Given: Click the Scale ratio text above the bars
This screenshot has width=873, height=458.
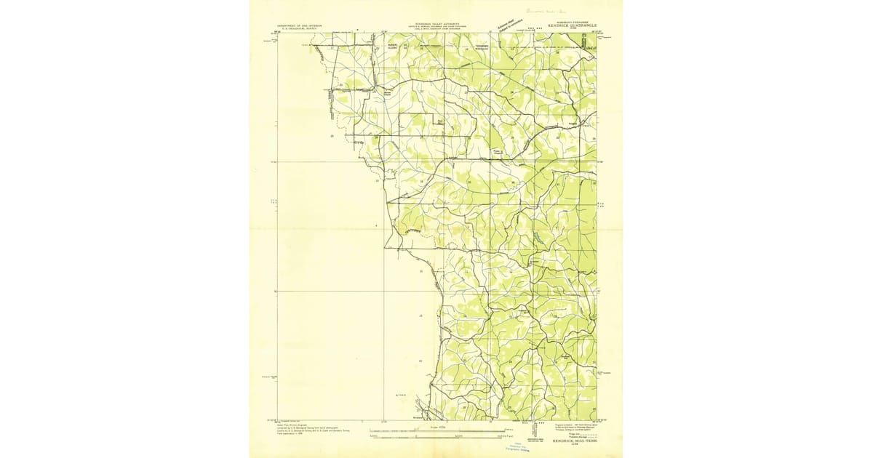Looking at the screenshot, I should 436,428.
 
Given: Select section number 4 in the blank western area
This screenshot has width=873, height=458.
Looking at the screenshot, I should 376,226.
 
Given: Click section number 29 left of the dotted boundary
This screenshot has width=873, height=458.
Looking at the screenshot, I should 332,136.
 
